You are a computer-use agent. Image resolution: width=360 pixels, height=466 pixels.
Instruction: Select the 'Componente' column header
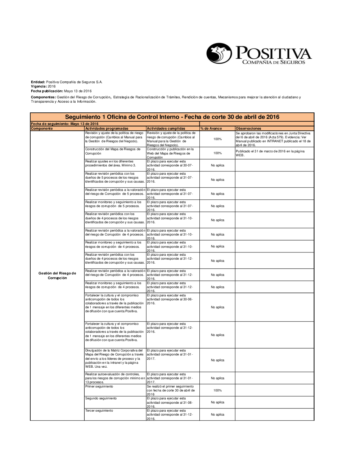tap(42, 128)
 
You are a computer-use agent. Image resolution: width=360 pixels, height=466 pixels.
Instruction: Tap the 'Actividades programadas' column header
tap(107, 128)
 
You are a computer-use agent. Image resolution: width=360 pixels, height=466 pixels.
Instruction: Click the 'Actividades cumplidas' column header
tap(166, 128)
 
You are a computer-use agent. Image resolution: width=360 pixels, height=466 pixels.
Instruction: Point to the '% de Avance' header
tap(211, 128)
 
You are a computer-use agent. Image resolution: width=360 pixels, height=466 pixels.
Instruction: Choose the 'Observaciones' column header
tap(248, 128)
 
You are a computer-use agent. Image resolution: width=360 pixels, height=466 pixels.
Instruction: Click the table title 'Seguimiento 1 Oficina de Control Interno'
tap(172, 117)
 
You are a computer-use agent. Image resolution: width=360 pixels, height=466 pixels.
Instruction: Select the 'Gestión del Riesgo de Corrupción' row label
tap(57, 275)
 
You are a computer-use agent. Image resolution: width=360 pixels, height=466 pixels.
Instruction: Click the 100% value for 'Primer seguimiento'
tap(217, 390)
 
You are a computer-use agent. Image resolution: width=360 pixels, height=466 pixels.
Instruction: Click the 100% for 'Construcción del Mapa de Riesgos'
tap(217, 153)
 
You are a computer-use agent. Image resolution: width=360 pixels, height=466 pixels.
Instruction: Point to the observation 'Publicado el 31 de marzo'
tap(270, 153)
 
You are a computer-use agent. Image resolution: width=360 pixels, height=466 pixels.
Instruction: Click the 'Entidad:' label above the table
tap(38, 82)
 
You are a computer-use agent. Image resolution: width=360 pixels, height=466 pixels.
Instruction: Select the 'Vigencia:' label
tap(39, 86)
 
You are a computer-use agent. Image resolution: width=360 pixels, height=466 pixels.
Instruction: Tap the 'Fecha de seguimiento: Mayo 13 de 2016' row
tap(65, 124)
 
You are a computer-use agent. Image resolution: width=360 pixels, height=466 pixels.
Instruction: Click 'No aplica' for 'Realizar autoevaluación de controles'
tap(217, 378)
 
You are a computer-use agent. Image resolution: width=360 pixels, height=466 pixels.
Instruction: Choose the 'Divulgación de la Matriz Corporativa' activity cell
tap(114, 358)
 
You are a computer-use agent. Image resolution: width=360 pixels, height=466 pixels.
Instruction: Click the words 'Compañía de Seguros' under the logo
tap(274, 62)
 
